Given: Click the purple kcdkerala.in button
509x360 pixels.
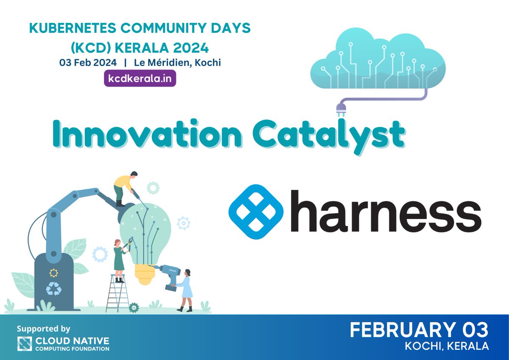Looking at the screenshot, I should click(x=140, y=79).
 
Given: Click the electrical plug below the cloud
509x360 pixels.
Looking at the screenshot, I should click(x=341, y=109).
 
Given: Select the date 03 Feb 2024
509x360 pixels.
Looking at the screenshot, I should click(x=88, y=62).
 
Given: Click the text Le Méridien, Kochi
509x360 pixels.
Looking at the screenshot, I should click(x=177, y=62).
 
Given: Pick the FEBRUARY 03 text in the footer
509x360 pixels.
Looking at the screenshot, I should click(x=419, y=331).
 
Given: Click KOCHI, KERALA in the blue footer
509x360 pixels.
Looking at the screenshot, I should click(x=447, y=346).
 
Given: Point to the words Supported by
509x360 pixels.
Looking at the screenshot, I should click(x=43, y=329).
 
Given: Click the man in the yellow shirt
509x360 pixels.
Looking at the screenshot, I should click(x=125, y=187).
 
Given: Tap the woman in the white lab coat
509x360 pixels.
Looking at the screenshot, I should click(x=186, y=289).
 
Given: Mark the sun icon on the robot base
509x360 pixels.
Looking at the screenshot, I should click(x=54, y=273).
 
